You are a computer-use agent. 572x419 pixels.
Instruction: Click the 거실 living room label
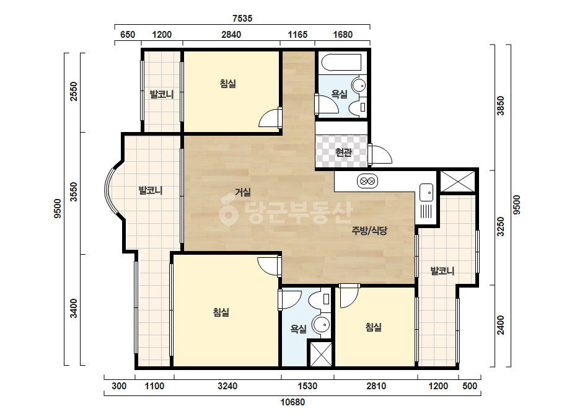[242, 192]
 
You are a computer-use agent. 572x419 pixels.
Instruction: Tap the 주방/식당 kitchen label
[369, 231]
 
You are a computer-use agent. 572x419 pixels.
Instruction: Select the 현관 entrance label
[343, 152]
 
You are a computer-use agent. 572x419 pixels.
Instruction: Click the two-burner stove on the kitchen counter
[367, 181]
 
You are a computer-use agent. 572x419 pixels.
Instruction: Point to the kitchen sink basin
[426, 192]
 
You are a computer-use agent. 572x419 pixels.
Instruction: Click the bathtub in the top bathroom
[341, 63]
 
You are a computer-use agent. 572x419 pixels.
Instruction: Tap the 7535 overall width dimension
[242, 18]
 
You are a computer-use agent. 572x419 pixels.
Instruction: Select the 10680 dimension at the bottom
[293, 402]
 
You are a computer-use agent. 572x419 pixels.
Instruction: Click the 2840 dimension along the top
[231, 35]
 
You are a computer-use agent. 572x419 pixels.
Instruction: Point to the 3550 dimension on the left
[74, 192]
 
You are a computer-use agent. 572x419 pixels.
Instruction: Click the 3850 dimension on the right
[501, 105]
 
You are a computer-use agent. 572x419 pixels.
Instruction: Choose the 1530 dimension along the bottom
[307, 386]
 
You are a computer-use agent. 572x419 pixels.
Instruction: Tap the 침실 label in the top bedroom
[228, 84]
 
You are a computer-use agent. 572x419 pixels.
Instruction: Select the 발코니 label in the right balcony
[442, 271]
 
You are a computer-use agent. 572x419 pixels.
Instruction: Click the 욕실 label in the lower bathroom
[299, 329]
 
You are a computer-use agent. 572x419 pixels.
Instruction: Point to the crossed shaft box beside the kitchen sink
[457, 181]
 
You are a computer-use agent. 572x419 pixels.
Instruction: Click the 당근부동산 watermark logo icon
[228, 210]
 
